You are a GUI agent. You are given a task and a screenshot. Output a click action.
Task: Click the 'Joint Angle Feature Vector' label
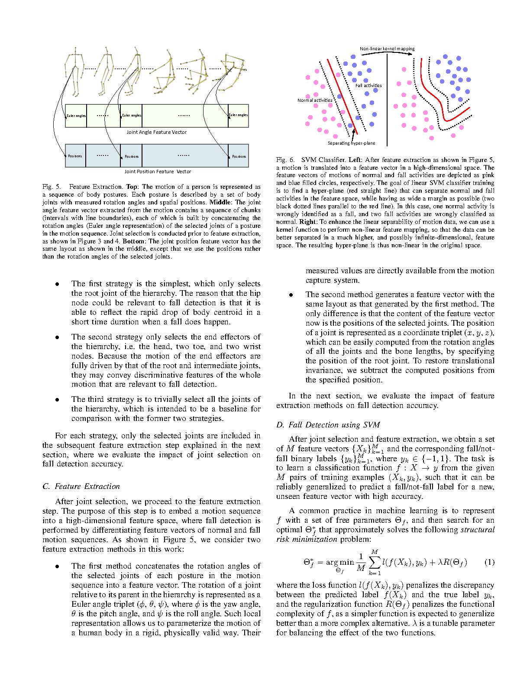point(156,132)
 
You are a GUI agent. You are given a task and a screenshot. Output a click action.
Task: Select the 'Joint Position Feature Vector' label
point(158,171)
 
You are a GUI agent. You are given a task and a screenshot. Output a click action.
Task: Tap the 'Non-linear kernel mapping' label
point(387,49)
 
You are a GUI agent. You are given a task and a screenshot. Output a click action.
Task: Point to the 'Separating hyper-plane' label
point(351,143)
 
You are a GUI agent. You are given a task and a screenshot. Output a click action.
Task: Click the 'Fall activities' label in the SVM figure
point(368,85)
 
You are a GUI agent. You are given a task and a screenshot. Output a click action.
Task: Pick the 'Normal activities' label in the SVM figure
point(315,100)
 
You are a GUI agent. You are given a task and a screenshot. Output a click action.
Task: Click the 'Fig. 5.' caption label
point(52,187)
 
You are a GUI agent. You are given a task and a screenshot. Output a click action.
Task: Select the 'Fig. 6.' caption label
point(285,160)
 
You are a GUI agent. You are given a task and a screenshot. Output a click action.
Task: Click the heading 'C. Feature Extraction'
point(81,486)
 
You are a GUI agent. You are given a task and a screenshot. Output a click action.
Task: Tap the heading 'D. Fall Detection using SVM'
point(328,425)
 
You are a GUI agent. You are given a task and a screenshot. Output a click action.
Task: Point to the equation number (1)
point(489,562)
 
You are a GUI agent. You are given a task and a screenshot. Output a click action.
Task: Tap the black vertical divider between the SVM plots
point(387,100)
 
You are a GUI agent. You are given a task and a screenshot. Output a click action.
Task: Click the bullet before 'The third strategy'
point(57,399)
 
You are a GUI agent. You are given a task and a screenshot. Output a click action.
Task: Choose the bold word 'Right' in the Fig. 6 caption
point(307,222)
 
